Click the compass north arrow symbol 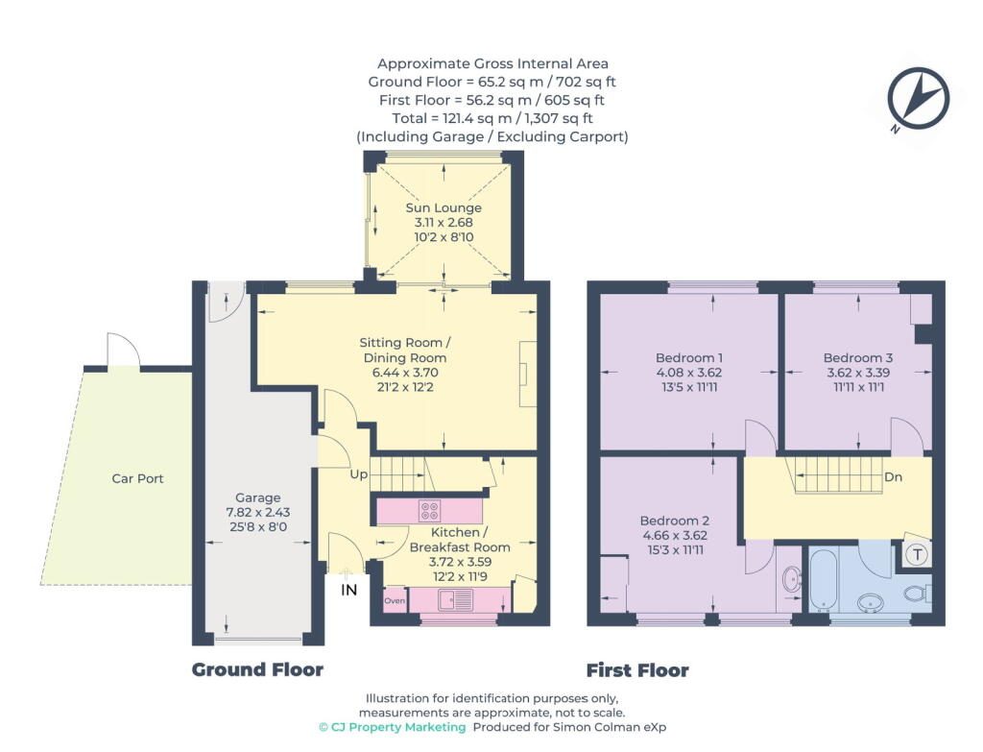tap(919, 99)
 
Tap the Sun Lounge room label tap(444, 207)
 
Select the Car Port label tap(137, 478)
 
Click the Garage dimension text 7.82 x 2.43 tap(257, 512)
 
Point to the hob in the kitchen tap(429, 511)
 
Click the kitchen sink tap(456, 600)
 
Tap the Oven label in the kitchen tap(395, 600)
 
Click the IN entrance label tap(348, 590)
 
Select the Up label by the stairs tap(359, 474)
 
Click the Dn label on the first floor tap(893, 476)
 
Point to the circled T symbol tap(918, 554)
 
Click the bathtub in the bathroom tap(823, 579)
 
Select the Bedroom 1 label tap(689, 357)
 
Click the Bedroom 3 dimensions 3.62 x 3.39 tap(857, 372)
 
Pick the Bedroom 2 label tap(675, 521)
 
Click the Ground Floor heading tap(257, 669)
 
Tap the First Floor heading tap(637, 670)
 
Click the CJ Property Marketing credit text tap(393, 727)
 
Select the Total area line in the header tap(492, 118)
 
